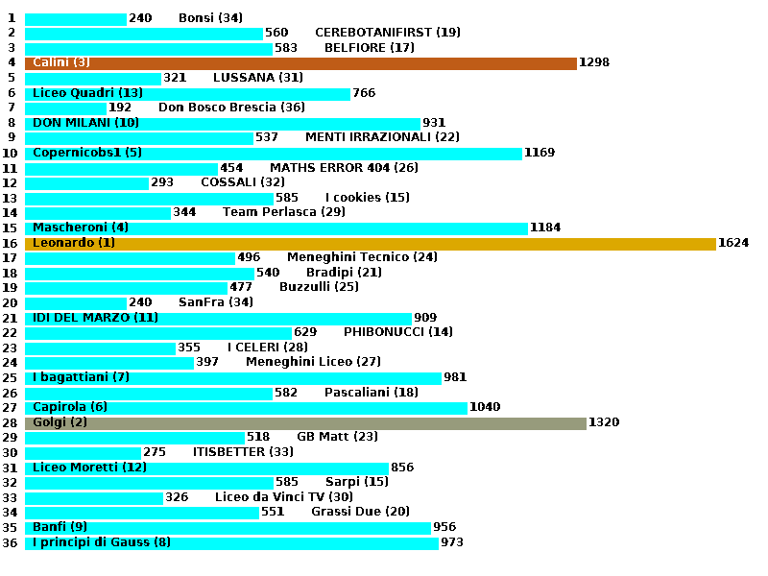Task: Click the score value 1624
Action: [733, 244]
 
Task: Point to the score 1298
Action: [594, 63]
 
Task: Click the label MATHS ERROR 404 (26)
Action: [344, 168]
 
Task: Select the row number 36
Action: [11, 543]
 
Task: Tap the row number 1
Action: [11, 18]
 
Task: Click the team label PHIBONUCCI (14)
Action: [398, 333]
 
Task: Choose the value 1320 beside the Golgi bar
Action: [604, 423]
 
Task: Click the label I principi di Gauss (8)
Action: [102, 543]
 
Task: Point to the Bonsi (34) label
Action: [210, 18]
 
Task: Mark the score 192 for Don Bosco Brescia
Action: [120, 108]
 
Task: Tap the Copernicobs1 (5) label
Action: [87, 154]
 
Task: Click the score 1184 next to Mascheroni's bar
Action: [545, 228]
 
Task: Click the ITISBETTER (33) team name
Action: [243, 453]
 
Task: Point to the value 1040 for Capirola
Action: [485, 408]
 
